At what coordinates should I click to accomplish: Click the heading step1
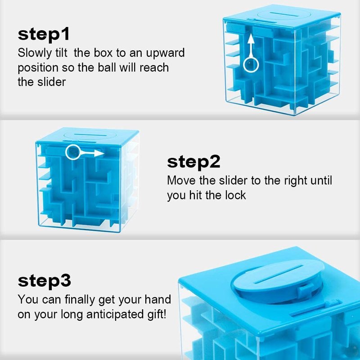43,35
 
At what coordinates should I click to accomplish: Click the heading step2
193,162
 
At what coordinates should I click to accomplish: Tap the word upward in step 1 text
165,53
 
